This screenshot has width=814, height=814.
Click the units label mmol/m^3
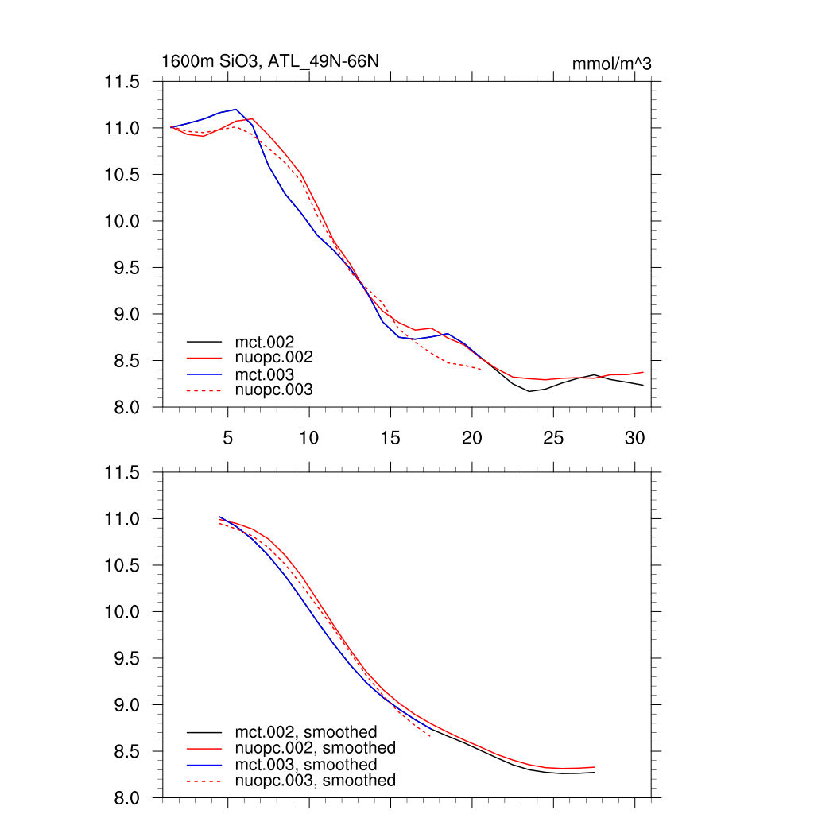pyautogui.click(x=611, y=64)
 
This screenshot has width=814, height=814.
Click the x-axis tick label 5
pyautogui.click(x=227, y=437)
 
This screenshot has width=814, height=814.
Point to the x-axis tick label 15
pyautogui.click(x=390, y=437)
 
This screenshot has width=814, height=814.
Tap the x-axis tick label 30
pyautogui.click(x=634, y=437)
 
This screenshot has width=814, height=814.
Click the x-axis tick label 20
pyautogui.click(x=471, y=437)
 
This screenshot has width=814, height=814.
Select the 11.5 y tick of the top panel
pyautogui.click(x=122, y=82)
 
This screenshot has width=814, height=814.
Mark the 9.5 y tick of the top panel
pyautogui.click(x=126, y=268)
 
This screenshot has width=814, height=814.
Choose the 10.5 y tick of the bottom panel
pyautogui.click(x=122, y=566)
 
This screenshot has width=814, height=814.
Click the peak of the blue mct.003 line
pyautogui.click(x=236, y=110)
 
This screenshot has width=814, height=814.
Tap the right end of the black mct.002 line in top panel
pyautogui.click(x=642, y=385)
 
